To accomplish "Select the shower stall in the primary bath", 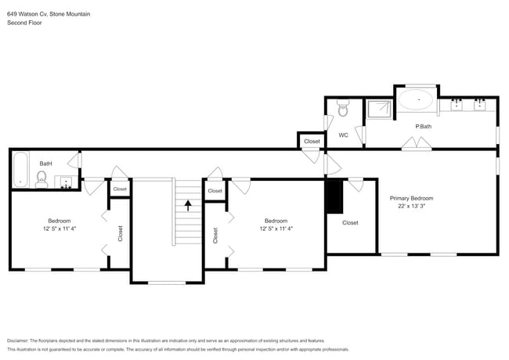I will click(x=380, y=109).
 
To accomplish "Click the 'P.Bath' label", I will click(x=424, y=126).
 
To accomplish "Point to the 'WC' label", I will click(x=343, y=135).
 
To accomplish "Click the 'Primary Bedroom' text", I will click(x=411, y=198).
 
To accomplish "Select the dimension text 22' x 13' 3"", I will click(x=411, y=207).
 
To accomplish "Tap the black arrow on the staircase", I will click(x=187, y=206).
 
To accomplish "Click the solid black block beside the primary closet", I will click(x=334, y=196).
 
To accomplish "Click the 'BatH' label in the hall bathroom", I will click(x=46, y=163).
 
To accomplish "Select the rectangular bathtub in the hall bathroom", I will click(x=20, y=169).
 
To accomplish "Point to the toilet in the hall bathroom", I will click(x=41, y=180).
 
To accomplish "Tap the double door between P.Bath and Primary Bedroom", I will click(x=416, y=144).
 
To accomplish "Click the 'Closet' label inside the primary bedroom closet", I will click(x=350, y=223).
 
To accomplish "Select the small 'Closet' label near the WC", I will click(x=312, y=141).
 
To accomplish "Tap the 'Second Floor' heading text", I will click(x=25, y=23).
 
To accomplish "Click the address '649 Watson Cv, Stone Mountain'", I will click(x=49, y=13).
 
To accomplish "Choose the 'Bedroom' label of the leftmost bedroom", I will click(x=60, y=221).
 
